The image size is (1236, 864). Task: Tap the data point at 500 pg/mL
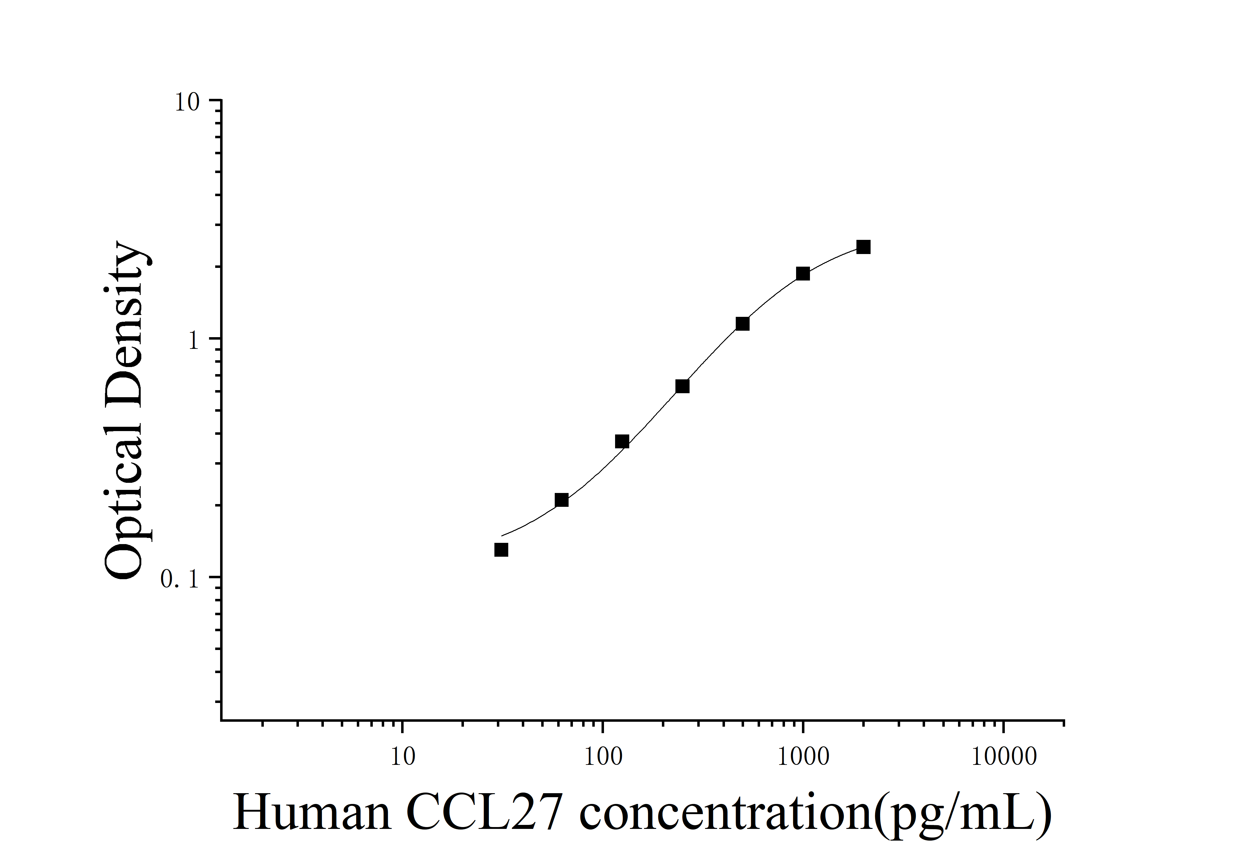point(742,324)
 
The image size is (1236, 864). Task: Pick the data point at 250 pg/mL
point(682,386)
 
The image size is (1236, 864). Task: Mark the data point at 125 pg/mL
point(622,442)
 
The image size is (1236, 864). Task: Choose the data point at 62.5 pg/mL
point(562,500)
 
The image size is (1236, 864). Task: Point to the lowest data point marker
point(501,550)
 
